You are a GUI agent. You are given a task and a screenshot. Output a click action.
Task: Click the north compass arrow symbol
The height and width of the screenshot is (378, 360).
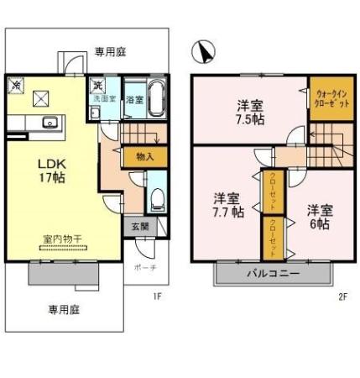[203, 53]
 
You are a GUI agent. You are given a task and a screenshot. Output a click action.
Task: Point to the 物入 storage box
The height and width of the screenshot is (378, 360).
[143, 157]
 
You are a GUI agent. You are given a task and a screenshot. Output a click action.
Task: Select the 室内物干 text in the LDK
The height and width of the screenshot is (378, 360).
[62, 240]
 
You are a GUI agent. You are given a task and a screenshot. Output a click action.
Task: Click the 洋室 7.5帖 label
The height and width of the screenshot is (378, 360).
[250, 112]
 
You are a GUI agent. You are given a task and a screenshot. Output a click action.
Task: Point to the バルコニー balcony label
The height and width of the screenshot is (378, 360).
[273, 274]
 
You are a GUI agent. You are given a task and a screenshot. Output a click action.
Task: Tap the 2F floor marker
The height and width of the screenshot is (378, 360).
[342, 296]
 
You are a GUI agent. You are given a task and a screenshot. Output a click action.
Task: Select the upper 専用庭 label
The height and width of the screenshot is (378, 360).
[110, 51]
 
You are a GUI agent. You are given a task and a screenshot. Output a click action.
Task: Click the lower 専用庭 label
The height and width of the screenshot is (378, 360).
[63, 309]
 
